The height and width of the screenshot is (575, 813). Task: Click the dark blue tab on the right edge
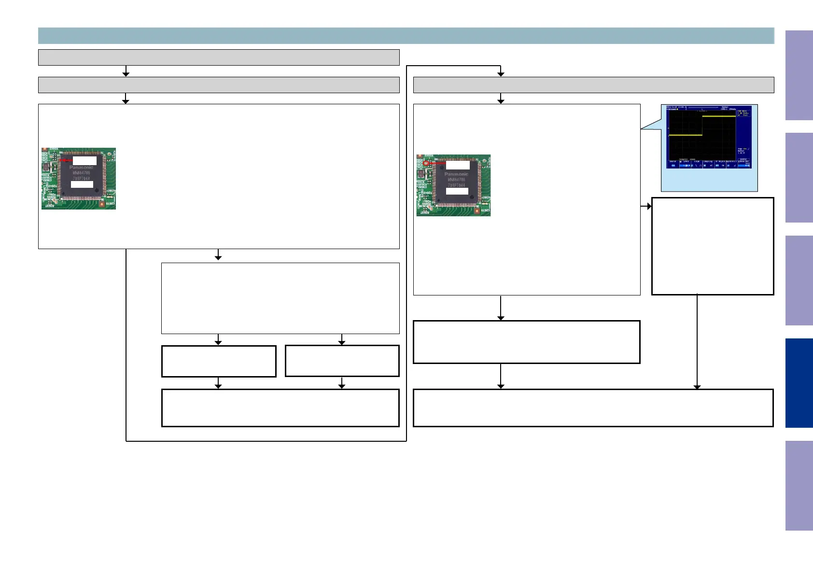click(x=799, y=383)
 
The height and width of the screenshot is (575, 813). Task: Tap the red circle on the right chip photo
click(x=426, y=164)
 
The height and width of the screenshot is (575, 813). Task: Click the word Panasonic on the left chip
click(x=81, y=168)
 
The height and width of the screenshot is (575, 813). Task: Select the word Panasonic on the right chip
click(x=456, y=174)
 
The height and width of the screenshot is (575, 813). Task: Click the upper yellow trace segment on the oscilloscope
click(x=718, y=116)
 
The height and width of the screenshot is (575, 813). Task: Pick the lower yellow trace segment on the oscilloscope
click(x=685, y=135)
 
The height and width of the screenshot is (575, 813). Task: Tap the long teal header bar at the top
click(x=406, y=36)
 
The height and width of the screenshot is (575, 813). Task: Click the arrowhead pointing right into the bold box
click(x=649, y=206)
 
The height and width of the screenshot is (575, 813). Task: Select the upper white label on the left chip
click(x=84, y=160)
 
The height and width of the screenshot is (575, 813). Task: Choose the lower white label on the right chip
click(x=457, y=191)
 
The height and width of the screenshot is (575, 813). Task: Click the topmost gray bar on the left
click(x=219, y=57)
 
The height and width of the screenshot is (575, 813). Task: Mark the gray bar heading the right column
click(x=593, y=85)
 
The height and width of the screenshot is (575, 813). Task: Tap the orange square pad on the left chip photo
click(x=102, y=204)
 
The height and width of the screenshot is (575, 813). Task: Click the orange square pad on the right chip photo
click(x=477, y=211)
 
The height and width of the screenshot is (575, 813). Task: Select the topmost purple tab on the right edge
click(x=799, y=75)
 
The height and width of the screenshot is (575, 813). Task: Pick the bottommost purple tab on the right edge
click(x=799, y=486)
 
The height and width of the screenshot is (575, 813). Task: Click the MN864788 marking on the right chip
click(x=456, y=180)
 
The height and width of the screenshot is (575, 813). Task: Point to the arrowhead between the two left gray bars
click(x=126, y=73)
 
